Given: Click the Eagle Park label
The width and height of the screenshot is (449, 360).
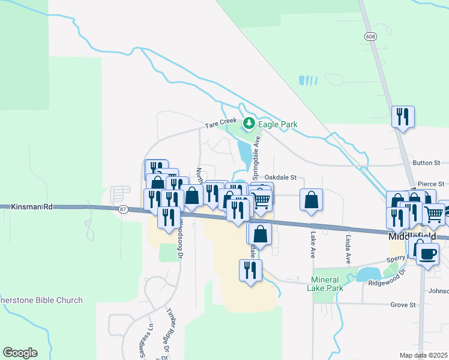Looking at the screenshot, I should (x=278, y=124).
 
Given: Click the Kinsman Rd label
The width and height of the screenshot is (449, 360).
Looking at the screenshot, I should (x=32, y=206).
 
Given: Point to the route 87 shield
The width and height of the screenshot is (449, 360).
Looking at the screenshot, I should (x=124, y=209).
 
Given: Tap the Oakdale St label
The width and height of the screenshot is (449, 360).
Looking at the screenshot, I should (x=281, y=177).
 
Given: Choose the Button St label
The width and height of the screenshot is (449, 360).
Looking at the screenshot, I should (x=427, y=163).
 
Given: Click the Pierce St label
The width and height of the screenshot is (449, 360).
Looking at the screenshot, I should (x=430, y=184).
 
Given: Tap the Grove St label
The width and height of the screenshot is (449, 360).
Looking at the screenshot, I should (x=403, y=305).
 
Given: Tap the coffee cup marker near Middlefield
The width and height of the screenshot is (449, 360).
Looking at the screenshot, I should (x=427, y=253).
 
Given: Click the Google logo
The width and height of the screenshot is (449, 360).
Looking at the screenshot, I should (x=20, y=353).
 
